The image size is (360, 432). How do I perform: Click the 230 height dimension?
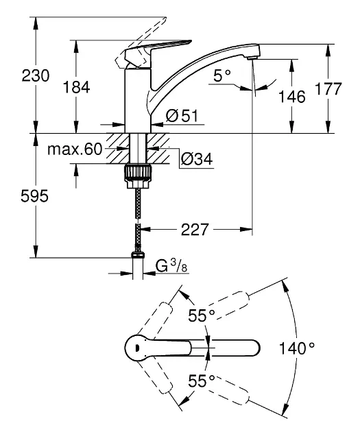coord(36,75)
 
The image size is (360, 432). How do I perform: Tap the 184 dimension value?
coord(76,87)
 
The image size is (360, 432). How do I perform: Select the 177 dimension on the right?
coord(328,88)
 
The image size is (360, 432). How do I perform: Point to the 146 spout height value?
coord(292,97)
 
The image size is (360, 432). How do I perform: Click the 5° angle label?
coord(221,75)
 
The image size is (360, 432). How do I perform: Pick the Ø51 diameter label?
coord(182,116)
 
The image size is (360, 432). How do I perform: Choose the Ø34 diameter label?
coord(197,158)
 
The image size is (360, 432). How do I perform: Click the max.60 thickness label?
coord(75,149)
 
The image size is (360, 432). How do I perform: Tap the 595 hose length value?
coord(34,196)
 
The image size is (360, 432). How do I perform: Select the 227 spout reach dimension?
coord(195,230)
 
